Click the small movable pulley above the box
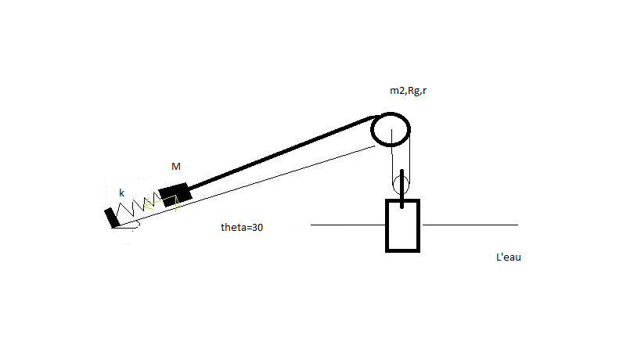pyautogui.click(x=393, y=184)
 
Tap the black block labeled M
pyautogui.click(x=175, y=194)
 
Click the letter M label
pyautogui.click(x=176, y=167)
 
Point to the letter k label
pyautogui.click(x=121, y=193)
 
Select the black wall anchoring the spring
pyautogui.click(x=111, y=218)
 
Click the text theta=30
pyautogui.click(x=242, y=227)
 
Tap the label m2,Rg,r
pyautogui.click(x=408, y=91)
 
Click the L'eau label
pyautogui.click(x=509, y=257)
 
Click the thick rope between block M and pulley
pyautogui.click(x=280, y=153)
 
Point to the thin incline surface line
pyautogui.click(x=245, y=186)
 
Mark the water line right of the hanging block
pyautogui.click(x=470, y=225)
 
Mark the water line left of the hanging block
pyautogui.click(x=348, y=225)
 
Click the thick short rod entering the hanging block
pyautogui.click(x=402, y=189)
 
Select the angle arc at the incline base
pyautogui.click(x=138, y=224)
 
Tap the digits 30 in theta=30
pyautogui.click(x=257, y=227)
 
